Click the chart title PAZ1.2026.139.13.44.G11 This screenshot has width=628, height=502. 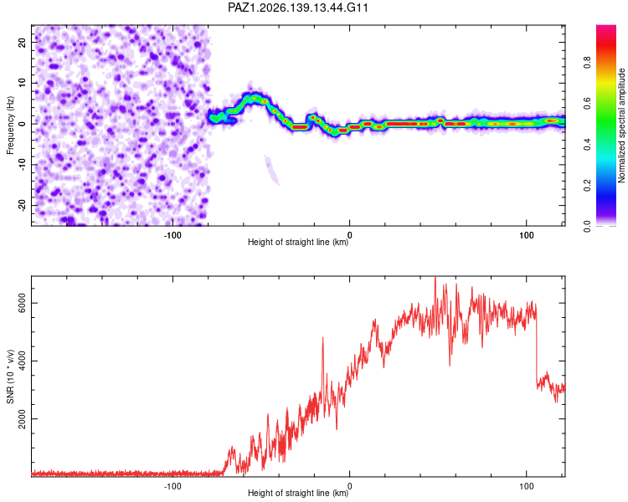click(297, 8)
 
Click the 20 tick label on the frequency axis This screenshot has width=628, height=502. click(22, 43)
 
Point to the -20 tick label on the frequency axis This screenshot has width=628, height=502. click(22, 206)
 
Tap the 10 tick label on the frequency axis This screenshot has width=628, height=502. click(22, 83)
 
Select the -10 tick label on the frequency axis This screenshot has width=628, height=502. click(22, 165)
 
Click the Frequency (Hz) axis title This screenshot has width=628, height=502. click(10, 125)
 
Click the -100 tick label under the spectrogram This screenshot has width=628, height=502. click(172, 235)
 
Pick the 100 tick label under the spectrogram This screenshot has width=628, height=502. click(527, 235)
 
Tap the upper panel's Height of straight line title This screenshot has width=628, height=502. click(298, 242)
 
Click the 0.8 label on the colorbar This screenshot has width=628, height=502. click(588, 63)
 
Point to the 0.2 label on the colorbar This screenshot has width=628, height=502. click(588, 186)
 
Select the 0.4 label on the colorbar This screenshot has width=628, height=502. click(588, 144)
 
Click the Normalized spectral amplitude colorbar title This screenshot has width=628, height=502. click(621, 125)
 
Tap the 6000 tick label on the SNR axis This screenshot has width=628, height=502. click(22, 303)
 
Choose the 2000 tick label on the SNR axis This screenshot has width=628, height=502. click(22, 418)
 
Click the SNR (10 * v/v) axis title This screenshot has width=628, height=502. click(10, 376)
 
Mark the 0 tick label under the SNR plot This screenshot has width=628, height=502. click(350, 486)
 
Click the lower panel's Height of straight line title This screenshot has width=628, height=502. click(298, 493)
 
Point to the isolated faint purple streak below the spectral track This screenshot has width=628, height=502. click(272, 171)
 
